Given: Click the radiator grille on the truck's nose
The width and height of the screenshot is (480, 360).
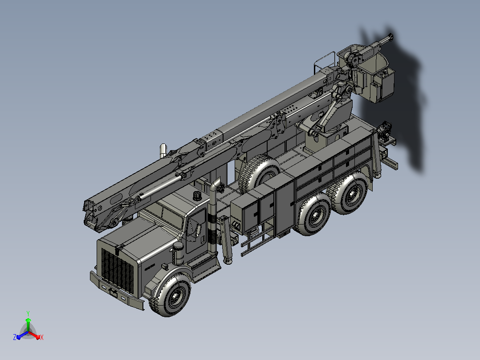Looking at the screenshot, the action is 117,270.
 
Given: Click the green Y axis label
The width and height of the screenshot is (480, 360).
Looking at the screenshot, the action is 28,313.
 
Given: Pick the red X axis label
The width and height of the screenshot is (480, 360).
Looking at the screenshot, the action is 42,337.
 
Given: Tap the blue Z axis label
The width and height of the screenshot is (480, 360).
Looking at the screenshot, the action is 15,337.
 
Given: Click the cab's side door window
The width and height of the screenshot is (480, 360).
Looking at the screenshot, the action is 196,227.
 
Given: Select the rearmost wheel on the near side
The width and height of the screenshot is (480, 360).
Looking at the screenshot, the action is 349,192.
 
